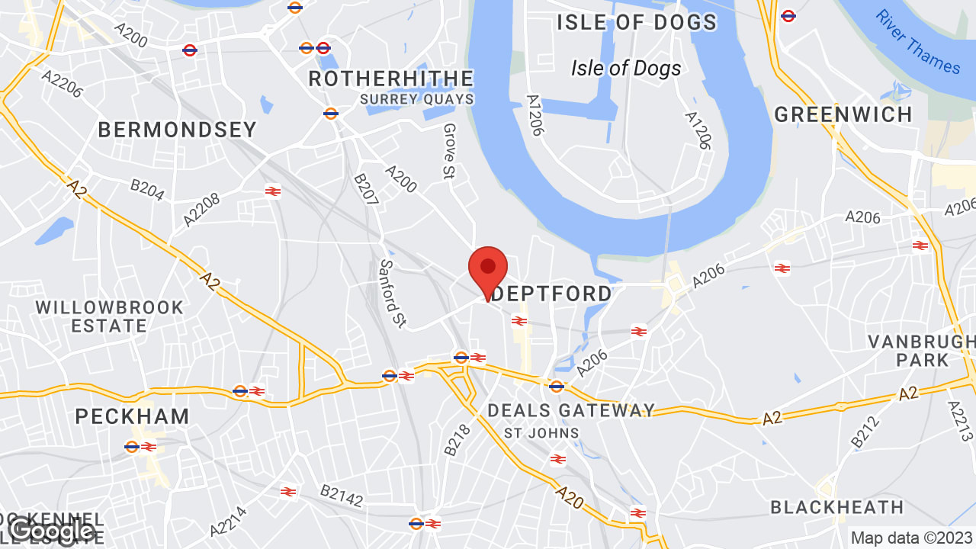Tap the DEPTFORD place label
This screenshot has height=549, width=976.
(x=552, y=294)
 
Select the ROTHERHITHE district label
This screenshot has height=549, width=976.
(x=390, y=79)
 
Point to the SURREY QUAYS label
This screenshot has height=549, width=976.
(x=416, y=99)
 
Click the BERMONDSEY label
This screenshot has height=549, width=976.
(x=178, y=130)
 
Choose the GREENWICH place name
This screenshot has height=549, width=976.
(x=843, y=114)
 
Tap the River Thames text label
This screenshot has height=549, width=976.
(x=917, y=42)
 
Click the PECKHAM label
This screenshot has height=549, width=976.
(x=133, y=416)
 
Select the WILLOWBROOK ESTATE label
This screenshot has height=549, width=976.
(x=110, y=316)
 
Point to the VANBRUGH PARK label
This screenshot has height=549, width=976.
(x=921, y=350)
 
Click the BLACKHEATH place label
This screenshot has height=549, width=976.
(x=836, y=507)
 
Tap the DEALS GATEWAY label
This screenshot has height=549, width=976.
(x=571, y=410)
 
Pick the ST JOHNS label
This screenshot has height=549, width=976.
(x=541, y=433)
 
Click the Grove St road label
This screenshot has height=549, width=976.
(x=449, y=152)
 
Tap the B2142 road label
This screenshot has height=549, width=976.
(x=341, y=496)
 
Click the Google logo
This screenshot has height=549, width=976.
(x=51, y=531)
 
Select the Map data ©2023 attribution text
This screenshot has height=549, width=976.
(x=912, y=538)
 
